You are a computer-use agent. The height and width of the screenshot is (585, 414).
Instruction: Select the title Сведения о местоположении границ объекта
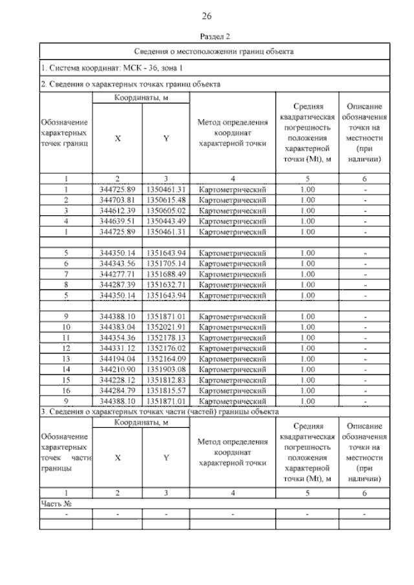click(214, 51)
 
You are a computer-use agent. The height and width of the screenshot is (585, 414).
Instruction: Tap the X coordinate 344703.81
click(117, 200)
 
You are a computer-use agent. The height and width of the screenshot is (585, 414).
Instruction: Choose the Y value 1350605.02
click(166, 210)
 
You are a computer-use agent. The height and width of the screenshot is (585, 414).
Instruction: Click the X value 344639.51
click(117, 221)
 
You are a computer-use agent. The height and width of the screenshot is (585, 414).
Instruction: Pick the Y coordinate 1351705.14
click(166, 263)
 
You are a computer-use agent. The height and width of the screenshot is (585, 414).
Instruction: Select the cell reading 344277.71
click(117, 273)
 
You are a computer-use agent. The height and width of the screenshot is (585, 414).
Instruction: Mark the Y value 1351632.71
click(166, 284)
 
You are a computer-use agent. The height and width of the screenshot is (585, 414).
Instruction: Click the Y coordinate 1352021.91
click(166, 327)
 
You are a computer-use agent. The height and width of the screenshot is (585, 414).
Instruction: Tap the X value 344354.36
click(117, 337)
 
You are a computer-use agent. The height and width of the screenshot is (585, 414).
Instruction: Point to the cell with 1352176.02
click(166, 348)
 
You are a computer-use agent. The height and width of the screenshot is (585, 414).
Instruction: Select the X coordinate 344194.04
click(117, 359)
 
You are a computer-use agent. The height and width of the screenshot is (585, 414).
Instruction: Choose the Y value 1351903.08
click(166, 369)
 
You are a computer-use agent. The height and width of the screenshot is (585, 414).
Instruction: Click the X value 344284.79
click(117, 390)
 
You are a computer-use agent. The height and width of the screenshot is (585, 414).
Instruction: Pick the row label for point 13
click(66, 359)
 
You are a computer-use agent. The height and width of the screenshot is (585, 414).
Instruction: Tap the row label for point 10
click(66, 327)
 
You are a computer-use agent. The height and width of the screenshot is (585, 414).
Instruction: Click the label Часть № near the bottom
click(55, 504)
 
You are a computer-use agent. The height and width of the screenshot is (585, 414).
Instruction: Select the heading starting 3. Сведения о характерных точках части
click(159, 411)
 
